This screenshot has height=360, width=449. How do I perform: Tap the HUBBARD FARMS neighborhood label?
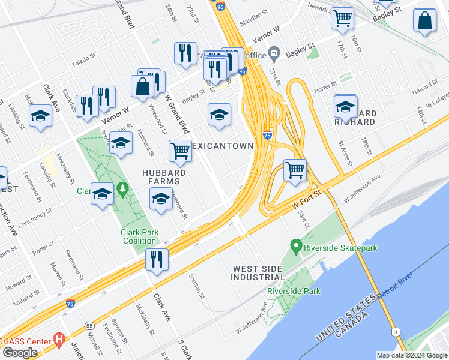click(161, 176)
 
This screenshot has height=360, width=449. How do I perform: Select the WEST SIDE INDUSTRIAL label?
click(258, 272)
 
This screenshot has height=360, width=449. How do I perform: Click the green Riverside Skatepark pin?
click(295, 245)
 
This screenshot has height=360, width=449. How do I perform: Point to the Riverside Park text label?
click(294, 292)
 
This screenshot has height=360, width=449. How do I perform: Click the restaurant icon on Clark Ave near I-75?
click(157, 260)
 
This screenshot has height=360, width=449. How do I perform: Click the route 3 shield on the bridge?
click(395, 331)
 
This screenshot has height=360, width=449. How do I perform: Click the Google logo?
click(20, 352)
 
